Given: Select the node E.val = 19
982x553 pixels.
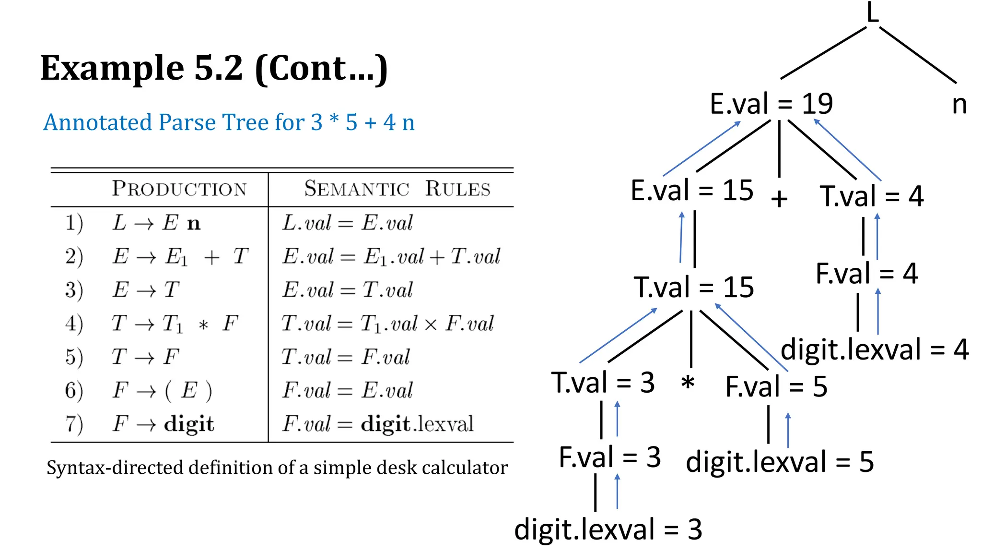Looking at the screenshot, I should (771, 104).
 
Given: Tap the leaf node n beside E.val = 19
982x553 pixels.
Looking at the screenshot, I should (959, 105).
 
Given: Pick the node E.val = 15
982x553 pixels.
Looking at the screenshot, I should (691, 191).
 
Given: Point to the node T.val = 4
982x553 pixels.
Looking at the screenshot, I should (871, 196).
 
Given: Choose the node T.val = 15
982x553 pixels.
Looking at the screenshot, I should (693, 288).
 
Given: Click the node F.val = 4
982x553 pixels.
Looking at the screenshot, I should (866, 274).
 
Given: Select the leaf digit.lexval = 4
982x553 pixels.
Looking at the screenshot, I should (874, 349).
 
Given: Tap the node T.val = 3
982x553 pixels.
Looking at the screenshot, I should (603, 383).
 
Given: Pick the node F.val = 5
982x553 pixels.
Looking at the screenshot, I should (776, 387).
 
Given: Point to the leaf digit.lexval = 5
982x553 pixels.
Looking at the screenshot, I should (780, 462).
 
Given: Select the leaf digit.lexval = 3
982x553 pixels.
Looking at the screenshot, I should (608, 530).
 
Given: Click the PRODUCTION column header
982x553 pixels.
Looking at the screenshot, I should (179, 189).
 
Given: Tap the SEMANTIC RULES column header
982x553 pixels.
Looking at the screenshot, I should (397, 189).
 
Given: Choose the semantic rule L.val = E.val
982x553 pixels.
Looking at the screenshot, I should (347, 223).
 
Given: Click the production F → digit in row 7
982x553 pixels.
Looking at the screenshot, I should (163, 424).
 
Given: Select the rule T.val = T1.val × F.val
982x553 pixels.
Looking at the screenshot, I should (387, 324).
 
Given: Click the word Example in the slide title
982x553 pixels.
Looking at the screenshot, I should (112, 68).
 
